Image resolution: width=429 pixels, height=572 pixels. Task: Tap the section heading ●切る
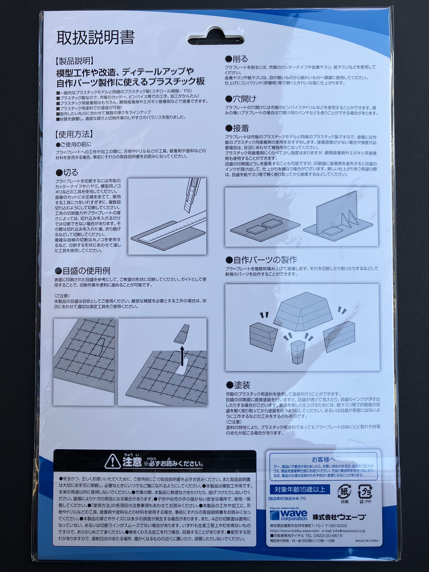coord(67,173)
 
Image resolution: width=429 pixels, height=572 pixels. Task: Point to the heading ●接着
coord(237,128)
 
